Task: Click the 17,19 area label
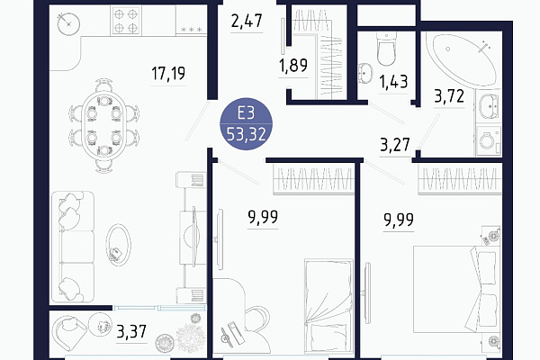(168, 74)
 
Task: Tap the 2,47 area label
(247, 21)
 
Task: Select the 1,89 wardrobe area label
(293, 65)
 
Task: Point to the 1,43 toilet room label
(393, 82)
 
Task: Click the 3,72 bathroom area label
(449, 95)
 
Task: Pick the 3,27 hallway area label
(395, 145)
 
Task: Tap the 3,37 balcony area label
(131, 331)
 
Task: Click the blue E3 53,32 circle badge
(247, 124)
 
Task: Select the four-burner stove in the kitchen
(126, 21)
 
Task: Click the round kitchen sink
(69, 23)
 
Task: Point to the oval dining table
(104, 126)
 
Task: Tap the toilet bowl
(386, 49)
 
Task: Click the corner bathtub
(462, 59)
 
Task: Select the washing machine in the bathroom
(489, 140)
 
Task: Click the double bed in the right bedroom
(454, 290)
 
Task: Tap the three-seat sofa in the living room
(73, 247)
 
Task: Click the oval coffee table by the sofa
(118, 244)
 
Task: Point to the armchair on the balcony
(70, 332)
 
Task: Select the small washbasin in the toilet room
(365, 73)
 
